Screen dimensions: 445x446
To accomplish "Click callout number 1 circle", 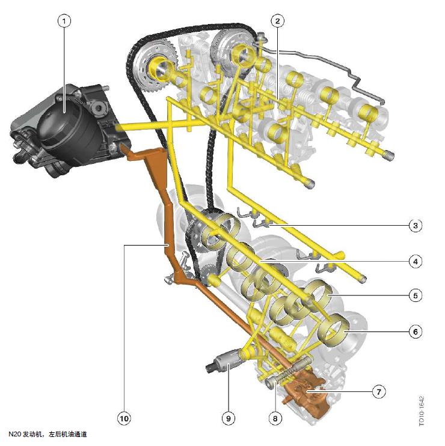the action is tap(64, 21).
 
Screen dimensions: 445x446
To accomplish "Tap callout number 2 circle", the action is tap(277, 21).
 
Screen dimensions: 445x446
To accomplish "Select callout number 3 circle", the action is tap(415, 226).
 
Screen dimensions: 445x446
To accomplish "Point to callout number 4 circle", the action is tap(415, 261).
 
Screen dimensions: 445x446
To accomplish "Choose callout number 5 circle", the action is tap(415, 295).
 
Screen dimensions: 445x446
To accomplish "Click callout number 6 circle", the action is tap(415, 331).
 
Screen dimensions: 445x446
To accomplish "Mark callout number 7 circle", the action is tap(379, 391).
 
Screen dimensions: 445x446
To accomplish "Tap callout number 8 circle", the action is tap(275, 418).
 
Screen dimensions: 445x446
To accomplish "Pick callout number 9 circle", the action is tap(228, 418).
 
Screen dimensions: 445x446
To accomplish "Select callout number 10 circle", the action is tap(124, 418).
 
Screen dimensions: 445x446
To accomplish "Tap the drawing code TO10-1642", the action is tap(422, 411).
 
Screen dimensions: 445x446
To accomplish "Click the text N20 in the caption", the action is tap(14, 435).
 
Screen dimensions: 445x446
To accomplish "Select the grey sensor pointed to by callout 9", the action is tap(225, 361).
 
